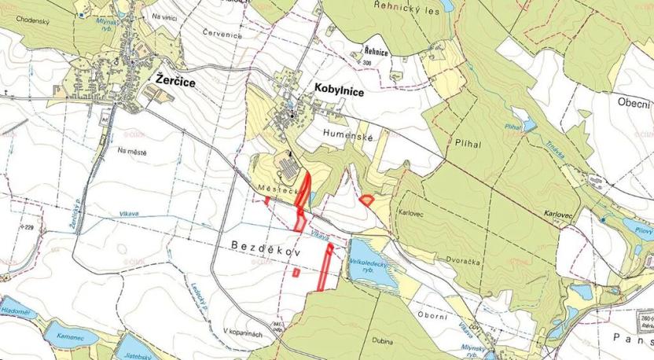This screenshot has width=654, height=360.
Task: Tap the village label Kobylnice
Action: pyautogui.click(x=339, y=91)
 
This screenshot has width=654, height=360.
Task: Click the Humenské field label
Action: pyautogui.click(x=347, y=136)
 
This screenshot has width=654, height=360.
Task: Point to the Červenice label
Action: pyautogui.click(x=220, y=33)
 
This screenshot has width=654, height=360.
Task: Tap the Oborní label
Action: pyautogui.click(x=432, y=316)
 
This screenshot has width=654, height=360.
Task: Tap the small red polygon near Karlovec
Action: pyautogui.click(x=366, y=200)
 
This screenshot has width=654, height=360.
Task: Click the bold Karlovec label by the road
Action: pyautogui.click(x=559, y=213)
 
